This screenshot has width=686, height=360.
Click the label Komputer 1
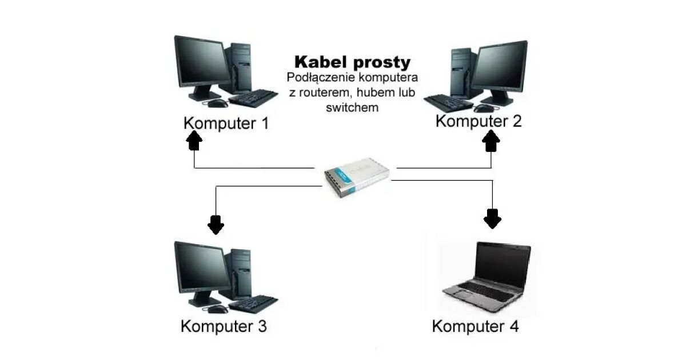226,123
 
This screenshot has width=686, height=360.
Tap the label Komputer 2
478,121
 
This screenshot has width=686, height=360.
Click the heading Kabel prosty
352,62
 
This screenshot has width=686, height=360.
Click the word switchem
352,107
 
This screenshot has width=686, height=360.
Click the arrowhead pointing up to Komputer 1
194,139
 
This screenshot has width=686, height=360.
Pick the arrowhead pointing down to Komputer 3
216,225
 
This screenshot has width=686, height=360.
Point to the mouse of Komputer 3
217,309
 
